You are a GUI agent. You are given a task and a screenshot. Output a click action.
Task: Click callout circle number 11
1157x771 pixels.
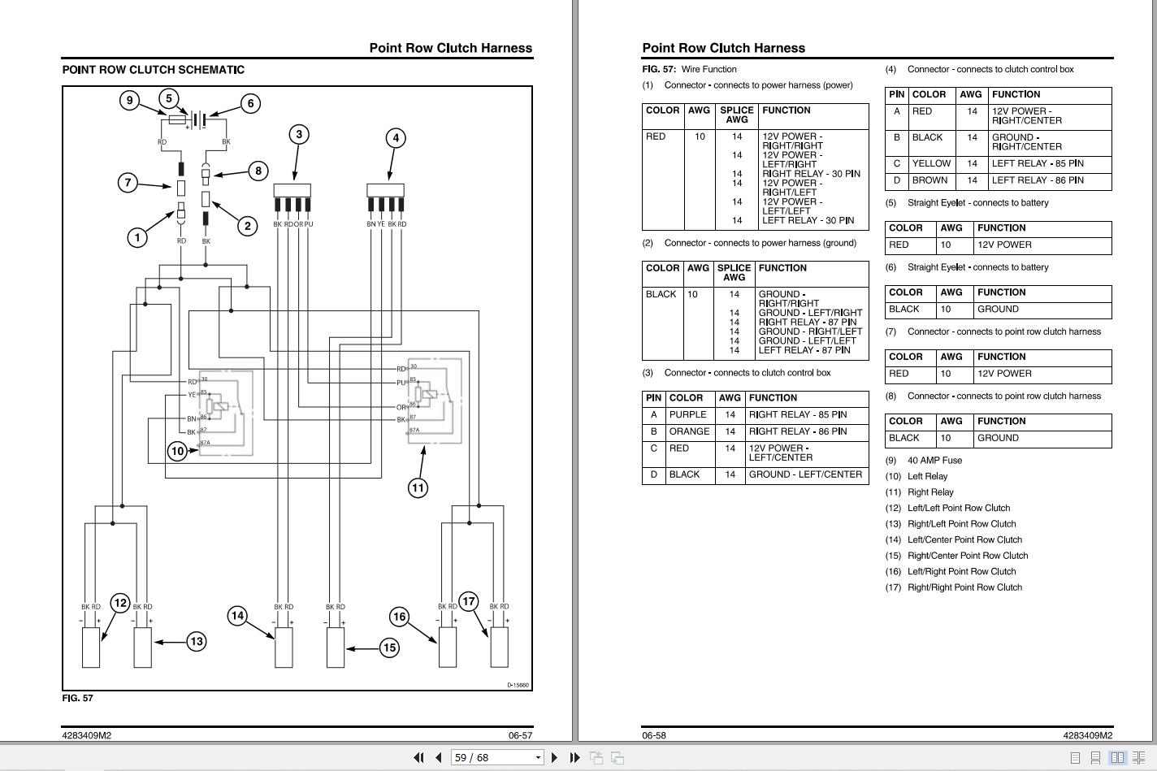(418, 487)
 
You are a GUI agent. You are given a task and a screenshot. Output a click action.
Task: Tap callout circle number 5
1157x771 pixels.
(169, 99)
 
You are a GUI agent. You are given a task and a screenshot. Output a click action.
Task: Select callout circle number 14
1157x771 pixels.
(237, 615)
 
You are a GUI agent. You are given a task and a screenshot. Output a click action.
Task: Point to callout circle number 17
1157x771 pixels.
(469, 601)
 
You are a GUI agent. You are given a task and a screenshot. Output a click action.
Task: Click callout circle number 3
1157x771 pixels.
(299, 134)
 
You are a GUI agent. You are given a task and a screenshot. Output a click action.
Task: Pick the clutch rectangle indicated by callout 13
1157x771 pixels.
(142, 648)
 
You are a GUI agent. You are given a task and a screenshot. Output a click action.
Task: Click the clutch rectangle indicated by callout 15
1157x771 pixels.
(335, 648)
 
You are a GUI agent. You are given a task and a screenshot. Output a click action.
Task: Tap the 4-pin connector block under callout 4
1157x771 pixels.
(385, 191)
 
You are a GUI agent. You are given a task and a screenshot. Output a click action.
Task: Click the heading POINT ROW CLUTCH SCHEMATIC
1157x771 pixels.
(153, 70)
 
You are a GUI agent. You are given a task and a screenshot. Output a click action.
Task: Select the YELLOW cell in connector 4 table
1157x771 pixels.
(931, 163)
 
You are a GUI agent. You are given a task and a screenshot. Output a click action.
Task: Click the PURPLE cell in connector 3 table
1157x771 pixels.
(687, 414)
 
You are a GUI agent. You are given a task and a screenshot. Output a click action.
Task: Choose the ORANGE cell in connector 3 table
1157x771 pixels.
(689, 431)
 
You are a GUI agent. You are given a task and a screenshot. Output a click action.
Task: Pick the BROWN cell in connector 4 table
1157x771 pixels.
(929, 180)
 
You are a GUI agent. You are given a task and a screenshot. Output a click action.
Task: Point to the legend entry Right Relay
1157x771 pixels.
(930, 492)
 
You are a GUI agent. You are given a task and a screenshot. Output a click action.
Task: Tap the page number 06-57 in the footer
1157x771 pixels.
(520, 735)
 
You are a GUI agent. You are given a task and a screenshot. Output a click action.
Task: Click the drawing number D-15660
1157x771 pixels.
(518, 685)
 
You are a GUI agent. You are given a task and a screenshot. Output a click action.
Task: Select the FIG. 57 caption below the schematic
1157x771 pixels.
(78, 698)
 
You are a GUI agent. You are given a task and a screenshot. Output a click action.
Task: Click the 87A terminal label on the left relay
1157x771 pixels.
(205, 443)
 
